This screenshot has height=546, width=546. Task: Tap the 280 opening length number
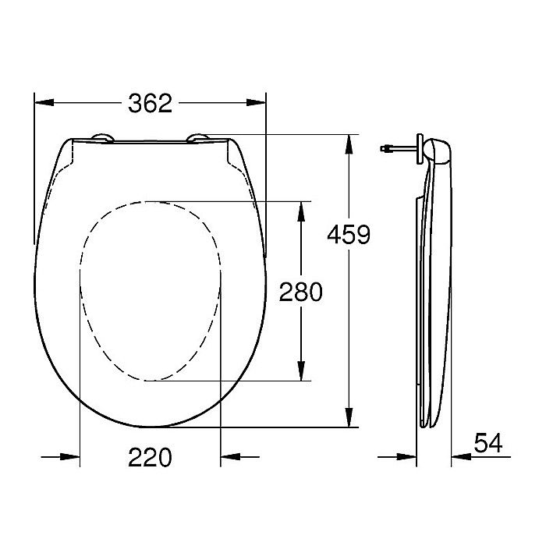[x=300, y=292]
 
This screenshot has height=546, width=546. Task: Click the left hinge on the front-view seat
[x=101, y=139]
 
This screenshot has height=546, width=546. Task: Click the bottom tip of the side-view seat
[x=427, y=425]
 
